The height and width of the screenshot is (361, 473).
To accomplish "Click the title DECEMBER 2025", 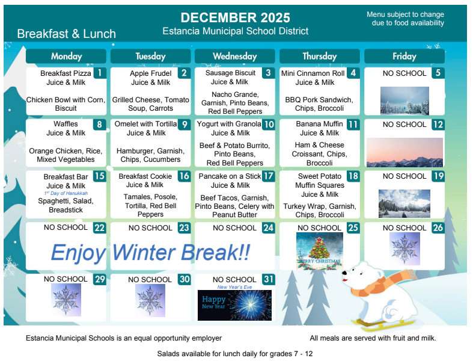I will coord(235,18).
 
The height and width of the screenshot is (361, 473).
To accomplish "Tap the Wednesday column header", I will coord(235,56).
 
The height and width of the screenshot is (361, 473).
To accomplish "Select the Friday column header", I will coord(404,56).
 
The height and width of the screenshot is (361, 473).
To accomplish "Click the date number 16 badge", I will coord(184,176).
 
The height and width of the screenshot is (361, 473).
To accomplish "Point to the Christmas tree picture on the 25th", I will coord(319,251).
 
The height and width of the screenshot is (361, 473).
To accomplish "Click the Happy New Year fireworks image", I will coord(234,305).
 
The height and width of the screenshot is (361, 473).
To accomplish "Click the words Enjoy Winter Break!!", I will coord(150,252).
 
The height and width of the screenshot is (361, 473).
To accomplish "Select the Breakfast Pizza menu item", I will coord(66,73).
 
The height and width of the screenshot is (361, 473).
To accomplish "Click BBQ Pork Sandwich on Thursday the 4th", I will coord(319,100).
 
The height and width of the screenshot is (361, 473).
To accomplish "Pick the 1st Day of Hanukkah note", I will coord(66,193).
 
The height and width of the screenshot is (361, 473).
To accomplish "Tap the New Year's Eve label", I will coord(234,287).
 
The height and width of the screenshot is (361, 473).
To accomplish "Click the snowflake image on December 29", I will coord(66,300).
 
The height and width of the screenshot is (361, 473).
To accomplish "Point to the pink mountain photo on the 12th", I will coord(404,152).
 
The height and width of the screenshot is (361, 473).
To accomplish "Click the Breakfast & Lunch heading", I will coord(66,34).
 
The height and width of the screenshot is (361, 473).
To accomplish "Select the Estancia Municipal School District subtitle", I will coord(235,31).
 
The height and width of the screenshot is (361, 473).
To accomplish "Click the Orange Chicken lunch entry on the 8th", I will coord(66,151).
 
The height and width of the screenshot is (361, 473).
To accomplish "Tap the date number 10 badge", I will coord(269,125).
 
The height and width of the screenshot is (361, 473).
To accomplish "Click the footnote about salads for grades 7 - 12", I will coord(234,353).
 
